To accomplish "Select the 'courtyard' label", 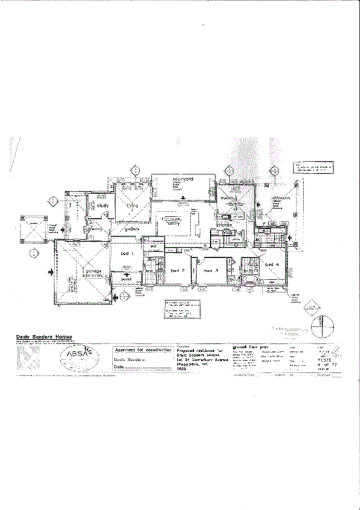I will coord(182,179).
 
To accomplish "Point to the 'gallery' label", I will coord(132,229).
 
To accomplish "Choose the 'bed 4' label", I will coord(272,264).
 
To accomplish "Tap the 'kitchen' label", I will coord(224,224).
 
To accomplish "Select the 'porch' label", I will coord(126,280).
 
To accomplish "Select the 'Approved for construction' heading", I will coord(142,349).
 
